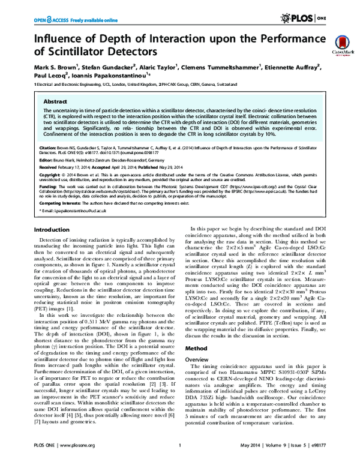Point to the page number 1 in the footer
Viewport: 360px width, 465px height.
[180, 455]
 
